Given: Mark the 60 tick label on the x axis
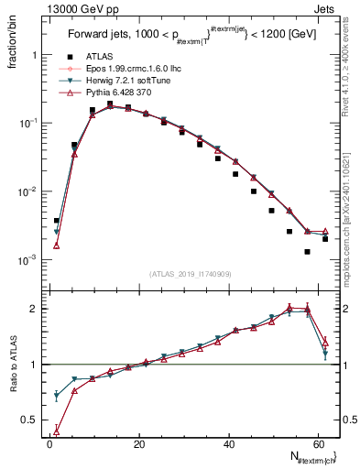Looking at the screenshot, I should pos(317,443).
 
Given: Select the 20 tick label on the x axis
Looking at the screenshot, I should pos(138,443).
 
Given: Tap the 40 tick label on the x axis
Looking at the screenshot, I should pos(228,443).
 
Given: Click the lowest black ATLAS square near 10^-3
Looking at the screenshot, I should pos(308,252).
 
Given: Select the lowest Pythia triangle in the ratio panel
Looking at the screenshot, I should pos(57,431).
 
